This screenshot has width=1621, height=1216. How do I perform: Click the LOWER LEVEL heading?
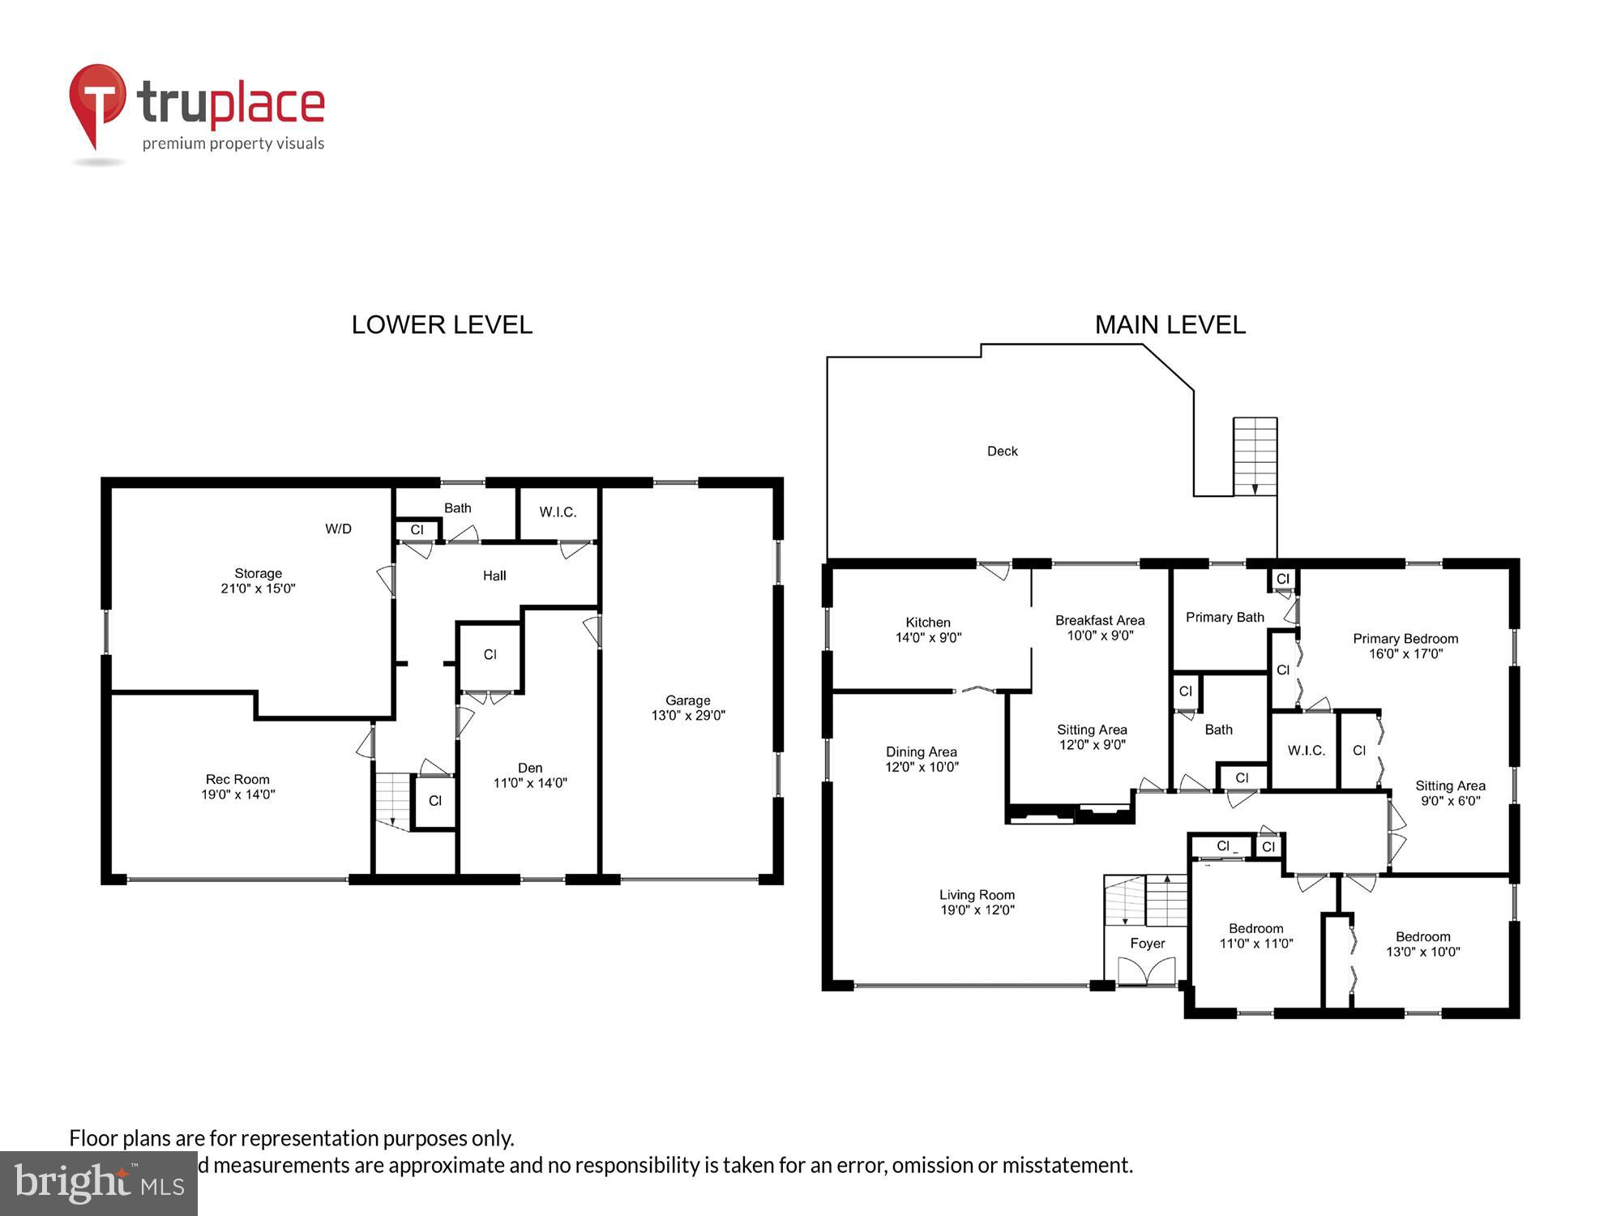pos(442,325)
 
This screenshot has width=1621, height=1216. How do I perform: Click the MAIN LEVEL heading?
pos(1170,325)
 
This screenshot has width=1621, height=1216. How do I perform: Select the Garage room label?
pos(687,700)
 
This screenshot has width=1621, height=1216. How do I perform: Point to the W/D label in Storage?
pos(338,529)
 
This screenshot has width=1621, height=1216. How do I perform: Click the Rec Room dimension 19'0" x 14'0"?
pos(238,795)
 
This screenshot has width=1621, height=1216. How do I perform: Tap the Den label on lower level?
pos(530,768)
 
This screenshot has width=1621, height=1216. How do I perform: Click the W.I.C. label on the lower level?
pos(558,512)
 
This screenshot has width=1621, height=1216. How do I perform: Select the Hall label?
pos(494,576)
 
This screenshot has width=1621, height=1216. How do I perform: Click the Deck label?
pos(1002,452)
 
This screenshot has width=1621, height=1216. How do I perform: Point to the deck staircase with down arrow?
pos(1255,456)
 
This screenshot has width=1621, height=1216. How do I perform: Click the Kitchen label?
pos(928,623)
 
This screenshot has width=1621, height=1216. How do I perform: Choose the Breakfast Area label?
pos(1100,620)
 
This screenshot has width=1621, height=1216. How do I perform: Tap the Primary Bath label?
pos(1225,618)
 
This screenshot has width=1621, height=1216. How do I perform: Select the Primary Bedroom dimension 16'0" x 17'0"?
pos(1405,654)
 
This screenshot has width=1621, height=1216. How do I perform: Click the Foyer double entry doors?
pos(1146,971)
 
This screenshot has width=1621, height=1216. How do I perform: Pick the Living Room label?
pos(977,895)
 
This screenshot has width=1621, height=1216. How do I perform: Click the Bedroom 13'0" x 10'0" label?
pos(1422,944)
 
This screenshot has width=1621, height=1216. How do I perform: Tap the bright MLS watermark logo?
pos(99,1184)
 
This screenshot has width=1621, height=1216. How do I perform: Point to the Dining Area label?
pos(921,752)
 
